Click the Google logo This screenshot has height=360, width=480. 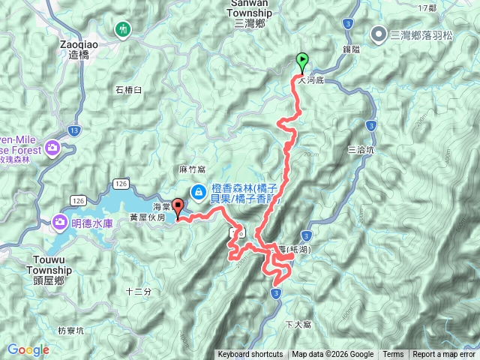tap(28, 349)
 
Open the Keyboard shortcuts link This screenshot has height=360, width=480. tap(250, 355)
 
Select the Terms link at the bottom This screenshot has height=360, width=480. tap(393, 355)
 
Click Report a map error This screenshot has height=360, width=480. tap(445, 355)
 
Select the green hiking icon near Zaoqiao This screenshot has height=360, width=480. tap(122, 29)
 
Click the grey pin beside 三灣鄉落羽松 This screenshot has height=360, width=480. tap(380, 34)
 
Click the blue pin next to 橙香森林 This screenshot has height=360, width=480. tap(197, 192)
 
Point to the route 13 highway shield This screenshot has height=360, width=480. tap(73, 130)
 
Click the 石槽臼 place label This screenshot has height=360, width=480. tap(129, 91)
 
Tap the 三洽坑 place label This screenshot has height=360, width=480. tap(361, 150)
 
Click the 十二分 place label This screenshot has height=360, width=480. tap(138, 291)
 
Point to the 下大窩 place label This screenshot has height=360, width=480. tap(298, 324)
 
